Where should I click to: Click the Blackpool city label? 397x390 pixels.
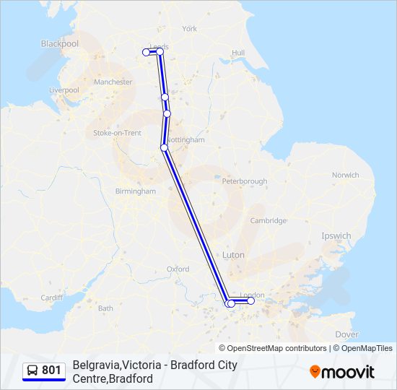(60, 43)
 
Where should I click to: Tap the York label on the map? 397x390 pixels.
(190, 29)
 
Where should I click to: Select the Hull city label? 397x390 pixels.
(238, 53)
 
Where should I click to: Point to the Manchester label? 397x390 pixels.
(113, 82)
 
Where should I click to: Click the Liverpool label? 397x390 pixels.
(64, 90)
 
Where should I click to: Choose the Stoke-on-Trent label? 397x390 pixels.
(118, 133)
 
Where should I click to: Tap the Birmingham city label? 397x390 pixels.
(136, 191)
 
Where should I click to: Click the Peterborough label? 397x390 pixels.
(245, 181)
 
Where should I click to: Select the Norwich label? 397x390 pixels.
(345, 175)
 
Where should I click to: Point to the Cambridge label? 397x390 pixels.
(269, 221)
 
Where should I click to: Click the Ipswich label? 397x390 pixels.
(336, 236)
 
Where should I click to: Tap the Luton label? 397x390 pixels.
(233, 255)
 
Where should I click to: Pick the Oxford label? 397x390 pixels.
(178, 269)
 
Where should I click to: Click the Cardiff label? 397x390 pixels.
(52, 298)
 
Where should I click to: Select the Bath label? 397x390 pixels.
(106, 308)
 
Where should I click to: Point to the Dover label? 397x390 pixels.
(347, 334)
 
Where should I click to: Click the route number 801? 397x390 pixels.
(51, 370)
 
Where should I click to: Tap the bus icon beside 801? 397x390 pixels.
(32, 370)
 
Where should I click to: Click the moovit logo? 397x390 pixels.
(342, 371)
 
